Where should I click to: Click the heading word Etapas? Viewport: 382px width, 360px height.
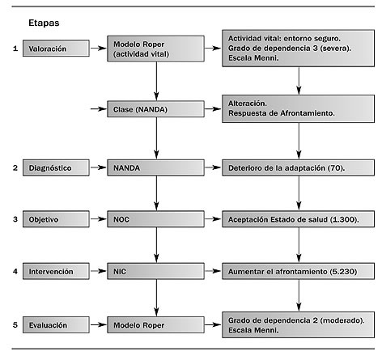(44, 23)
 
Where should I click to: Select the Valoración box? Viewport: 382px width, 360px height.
(56, 49)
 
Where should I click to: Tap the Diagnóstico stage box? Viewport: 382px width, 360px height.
(56, 167)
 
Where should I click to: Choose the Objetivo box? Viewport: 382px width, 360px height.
(56, 219)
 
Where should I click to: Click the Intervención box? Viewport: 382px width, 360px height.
(56, 271)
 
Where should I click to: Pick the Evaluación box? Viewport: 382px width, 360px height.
(56, 325)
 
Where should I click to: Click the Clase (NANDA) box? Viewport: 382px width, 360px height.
(155, 109)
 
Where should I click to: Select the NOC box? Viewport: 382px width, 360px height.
(155, 219)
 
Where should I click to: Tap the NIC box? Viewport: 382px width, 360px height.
(155, 271)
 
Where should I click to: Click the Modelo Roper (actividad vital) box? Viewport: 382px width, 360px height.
(155, 49)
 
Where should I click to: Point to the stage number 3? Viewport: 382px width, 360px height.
(15, 219)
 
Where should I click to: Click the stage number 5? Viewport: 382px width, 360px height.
(15, 325)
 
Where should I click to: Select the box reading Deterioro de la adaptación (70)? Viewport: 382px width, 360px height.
(299, 167)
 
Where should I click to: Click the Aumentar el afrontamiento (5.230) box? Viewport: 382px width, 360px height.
(299, 271)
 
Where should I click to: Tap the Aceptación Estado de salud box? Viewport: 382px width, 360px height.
(299, 219)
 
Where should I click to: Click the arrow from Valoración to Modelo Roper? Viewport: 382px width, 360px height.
(99, 49)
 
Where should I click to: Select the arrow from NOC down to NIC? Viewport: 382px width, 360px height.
(156, 245)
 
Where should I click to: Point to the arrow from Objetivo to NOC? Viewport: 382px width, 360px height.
(99, 219)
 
